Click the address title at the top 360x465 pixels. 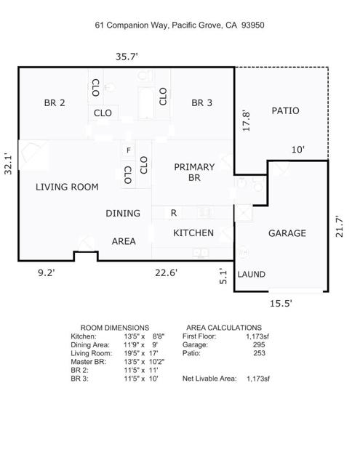click(x=180, y=25)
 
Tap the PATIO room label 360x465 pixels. click(x=286, y=110)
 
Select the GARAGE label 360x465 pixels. click(x=287, y=233)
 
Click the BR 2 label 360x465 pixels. click(x=55, y=103)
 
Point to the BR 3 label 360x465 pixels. click(x=201, y=103)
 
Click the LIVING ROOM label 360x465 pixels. click(x=67, y=187)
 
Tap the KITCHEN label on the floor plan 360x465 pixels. click(x=193, y=232)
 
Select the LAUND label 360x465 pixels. click(x=252, y=275)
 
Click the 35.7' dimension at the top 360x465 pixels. click(x=127, y=57)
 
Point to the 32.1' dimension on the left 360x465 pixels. click(x=8, y=163)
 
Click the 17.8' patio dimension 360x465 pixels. click(x=247, y=121)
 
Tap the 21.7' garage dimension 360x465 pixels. click(x=340, y=226)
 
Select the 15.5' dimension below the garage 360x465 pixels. click(x=281, y=304)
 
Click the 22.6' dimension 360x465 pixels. click(x=167, y=272)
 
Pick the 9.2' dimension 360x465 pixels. click(x=47, y=272)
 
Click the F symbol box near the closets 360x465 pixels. click(x=129, y=150)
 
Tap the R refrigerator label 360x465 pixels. click(x=174, y=213)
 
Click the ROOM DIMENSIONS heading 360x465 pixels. click(x=115, y=328)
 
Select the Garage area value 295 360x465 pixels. click(x=259, y=344)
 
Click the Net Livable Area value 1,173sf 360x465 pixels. click(x=258, y=379)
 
